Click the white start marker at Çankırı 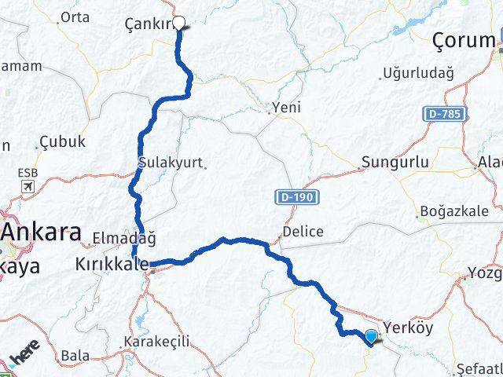[x=178, y=23]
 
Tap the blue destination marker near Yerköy [x=371, y=337]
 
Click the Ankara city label [x=41, y=233]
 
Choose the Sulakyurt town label [x=170, y=163]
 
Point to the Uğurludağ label [x=417, y=75]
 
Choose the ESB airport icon [x=28, y=186]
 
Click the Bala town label [x=75, y=356]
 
